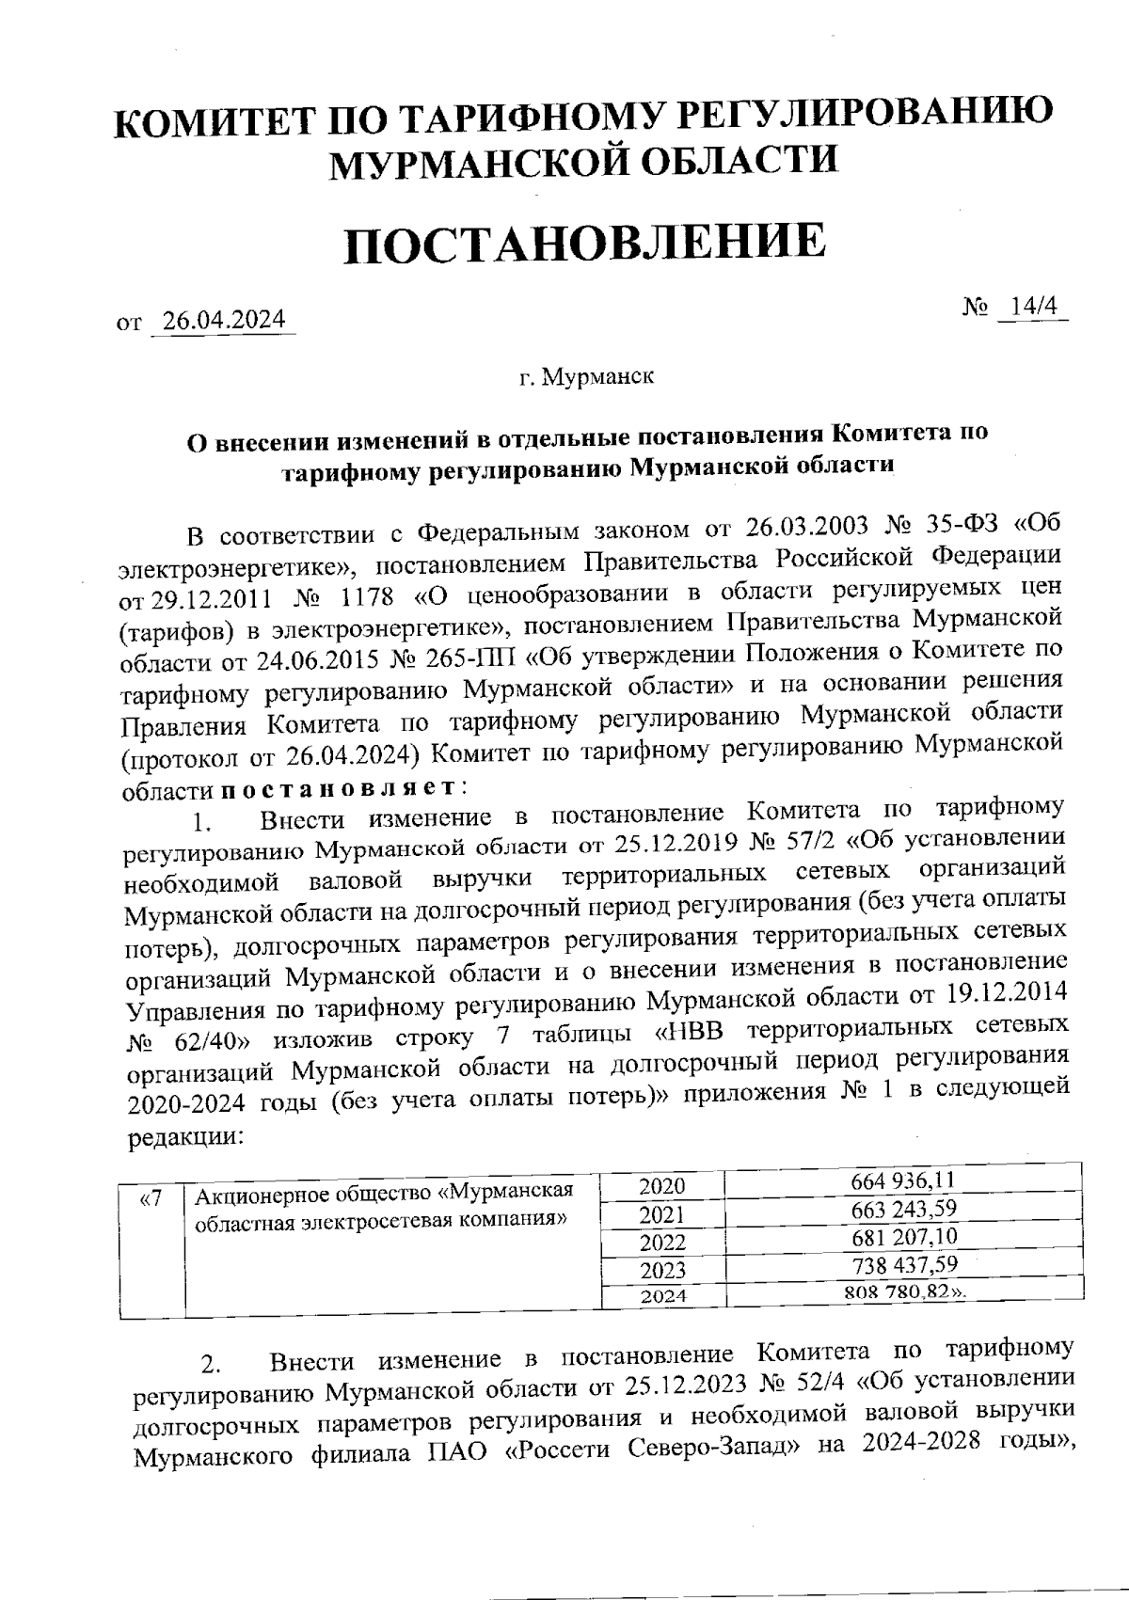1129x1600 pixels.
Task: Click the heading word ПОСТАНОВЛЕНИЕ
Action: tap(584, 241)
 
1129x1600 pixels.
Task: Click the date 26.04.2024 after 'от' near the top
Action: tap(224, 321)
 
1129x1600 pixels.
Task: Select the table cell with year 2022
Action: tap(662, 1243)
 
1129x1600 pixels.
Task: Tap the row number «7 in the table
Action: tap(151, 1198)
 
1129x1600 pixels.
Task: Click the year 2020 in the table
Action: tap(662, 1186)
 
